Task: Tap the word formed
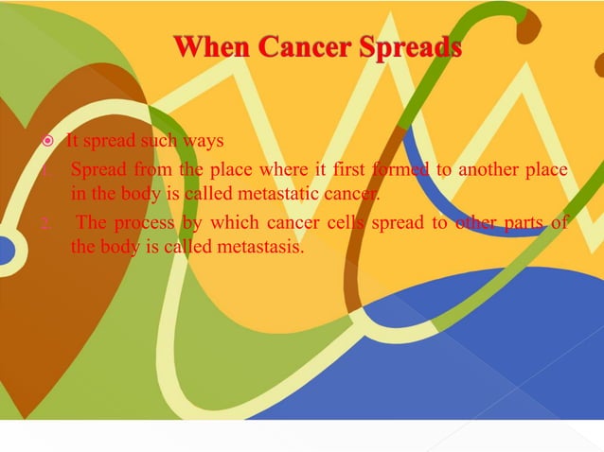pos(400,170)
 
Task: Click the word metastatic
pos(281,194)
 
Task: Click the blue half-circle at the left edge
pos(7,250)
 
